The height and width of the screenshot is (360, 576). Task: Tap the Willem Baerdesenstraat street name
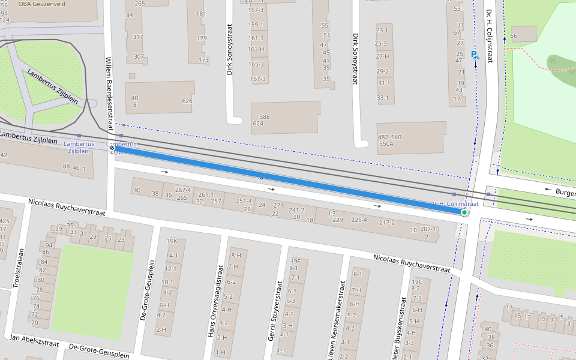pos(109,93)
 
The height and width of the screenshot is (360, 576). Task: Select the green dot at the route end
pos(464,212)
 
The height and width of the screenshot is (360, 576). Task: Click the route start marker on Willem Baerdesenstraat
pos(112,148)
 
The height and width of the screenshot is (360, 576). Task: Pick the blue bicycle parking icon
pos(475,56)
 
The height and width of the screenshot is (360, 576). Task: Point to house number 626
pos(187,101)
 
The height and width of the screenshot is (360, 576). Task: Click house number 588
pos(264,116)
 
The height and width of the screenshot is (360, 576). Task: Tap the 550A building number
pos(386,144)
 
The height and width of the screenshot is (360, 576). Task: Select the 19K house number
pos(172,241)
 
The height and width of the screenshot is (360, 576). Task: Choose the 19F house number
pos(295,261)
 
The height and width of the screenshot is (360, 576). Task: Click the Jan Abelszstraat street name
pos(34,341)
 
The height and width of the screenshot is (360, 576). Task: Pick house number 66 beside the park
pos(514,36)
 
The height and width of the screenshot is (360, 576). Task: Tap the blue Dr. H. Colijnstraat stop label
pos(454,204)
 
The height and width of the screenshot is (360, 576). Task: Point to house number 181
pos(201,14)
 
